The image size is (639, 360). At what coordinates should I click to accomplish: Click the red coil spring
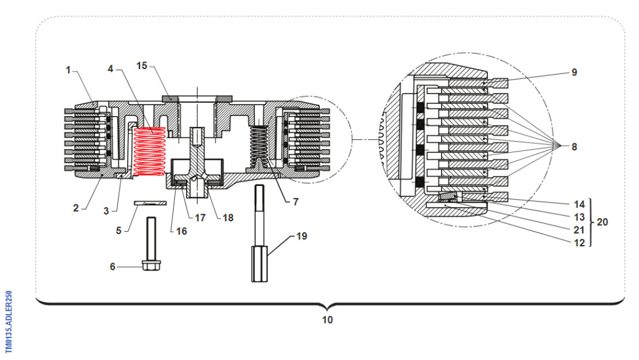(150, 151)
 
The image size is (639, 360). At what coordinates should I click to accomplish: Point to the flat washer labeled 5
(150, 203)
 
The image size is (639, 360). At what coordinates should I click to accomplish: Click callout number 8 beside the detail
(574, 147)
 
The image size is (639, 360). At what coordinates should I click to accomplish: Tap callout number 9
(574, 73)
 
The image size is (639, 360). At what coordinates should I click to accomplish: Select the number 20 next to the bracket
(602, 222)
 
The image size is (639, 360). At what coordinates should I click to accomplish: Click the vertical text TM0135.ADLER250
(9, 322)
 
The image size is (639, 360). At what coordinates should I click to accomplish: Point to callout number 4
(110, 69)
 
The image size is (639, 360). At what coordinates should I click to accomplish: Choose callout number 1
(68, 70)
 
